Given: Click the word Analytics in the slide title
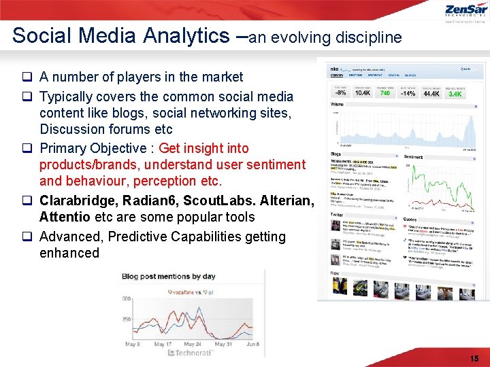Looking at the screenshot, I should (x=185, y=35).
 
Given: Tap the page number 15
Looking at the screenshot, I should (x=474, y=358).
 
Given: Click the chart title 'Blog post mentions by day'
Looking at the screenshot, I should (x=168, y=277).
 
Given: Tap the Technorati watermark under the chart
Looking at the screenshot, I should (x=190, y=353).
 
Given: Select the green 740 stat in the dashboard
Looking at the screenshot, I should (x=385, y=93).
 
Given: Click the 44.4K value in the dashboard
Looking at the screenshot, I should (x=431, y=93).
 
